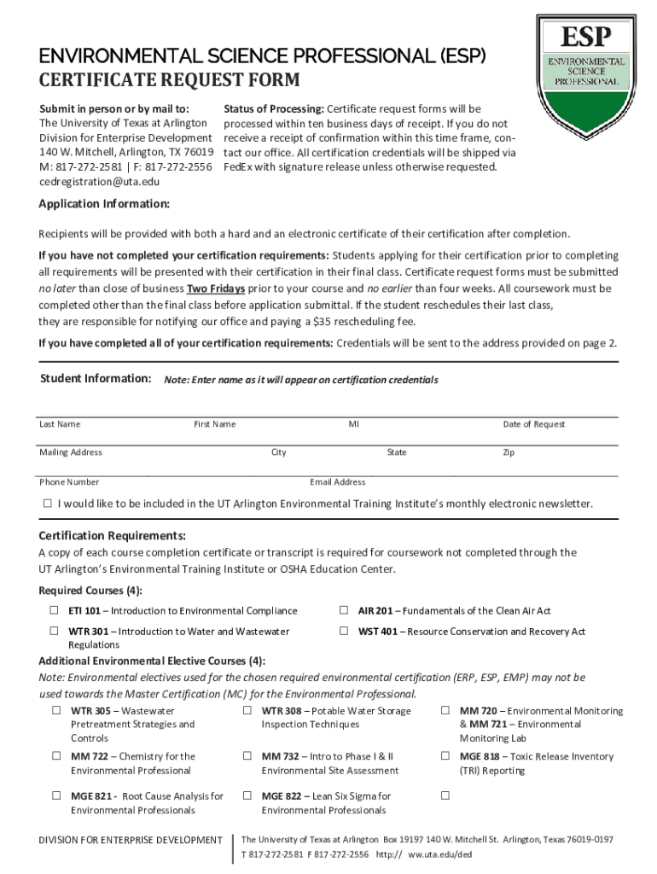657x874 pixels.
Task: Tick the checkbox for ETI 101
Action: [54, 610]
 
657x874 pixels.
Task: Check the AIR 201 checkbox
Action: [343, 610]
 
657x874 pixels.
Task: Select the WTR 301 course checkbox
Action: [54, 632]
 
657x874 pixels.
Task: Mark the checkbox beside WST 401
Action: [343, 632]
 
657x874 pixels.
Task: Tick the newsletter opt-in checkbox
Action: [48, 504]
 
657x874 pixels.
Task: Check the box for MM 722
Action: [56, 756]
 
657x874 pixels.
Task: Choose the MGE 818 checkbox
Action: [445, 756]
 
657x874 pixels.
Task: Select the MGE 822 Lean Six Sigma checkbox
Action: [247, 796]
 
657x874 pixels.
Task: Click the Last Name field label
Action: [60, 424]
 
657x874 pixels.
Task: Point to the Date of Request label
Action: [533, 424]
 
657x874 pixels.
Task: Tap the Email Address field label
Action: [338, 482]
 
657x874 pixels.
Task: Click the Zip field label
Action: [509, 452]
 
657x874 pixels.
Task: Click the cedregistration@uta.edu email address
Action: [99, 182]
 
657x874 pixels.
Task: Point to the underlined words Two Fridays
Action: [216, 288]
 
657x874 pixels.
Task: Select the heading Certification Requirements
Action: [112, 536]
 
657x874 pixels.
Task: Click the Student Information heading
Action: [96, 378]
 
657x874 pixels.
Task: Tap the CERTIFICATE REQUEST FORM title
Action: [169, 81]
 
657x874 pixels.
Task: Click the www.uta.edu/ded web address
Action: [440, 854]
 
